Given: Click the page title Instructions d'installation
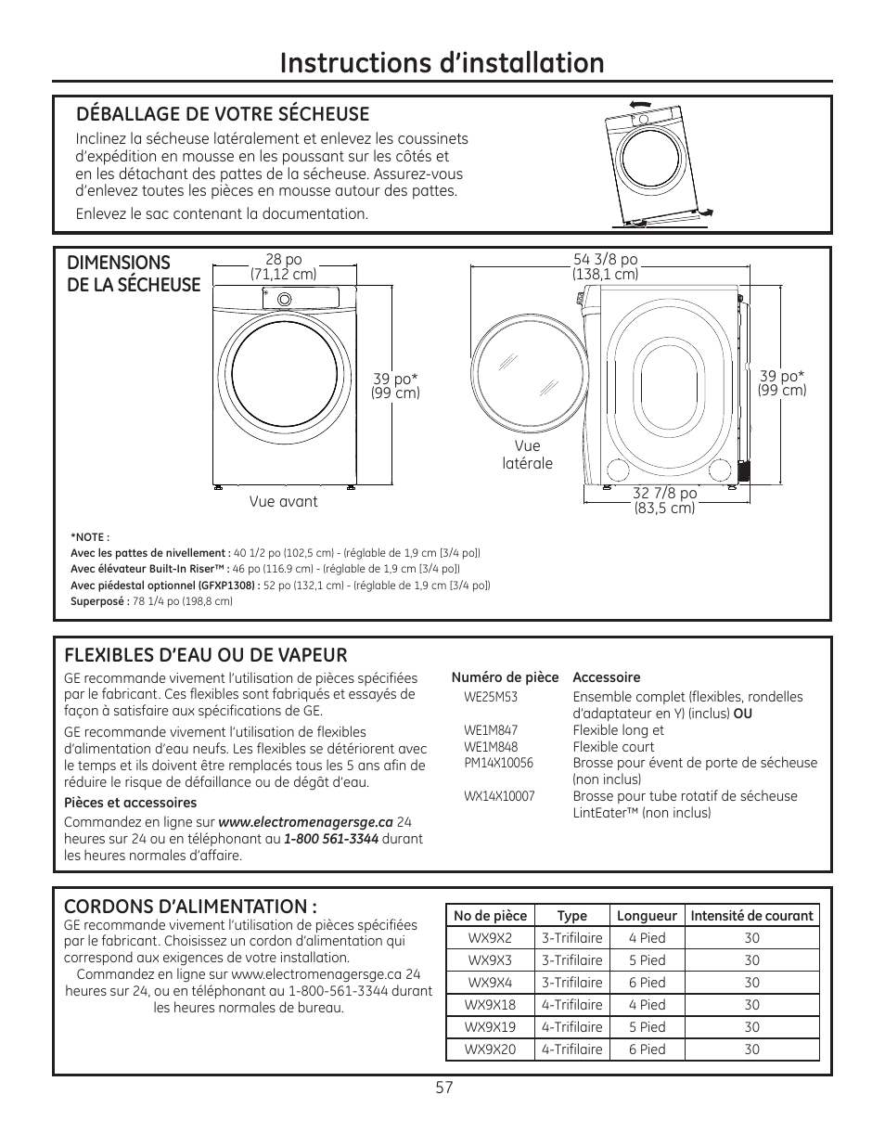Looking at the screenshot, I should point(442,62).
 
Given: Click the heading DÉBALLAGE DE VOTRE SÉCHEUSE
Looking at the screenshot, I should point(222,113).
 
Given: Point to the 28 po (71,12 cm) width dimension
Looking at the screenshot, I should point(283,266).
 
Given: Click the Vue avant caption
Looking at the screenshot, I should point(283,501).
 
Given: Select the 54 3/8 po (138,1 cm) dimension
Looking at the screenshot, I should point(605,266).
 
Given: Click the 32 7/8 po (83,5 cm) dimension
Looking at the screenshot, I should point(664,501).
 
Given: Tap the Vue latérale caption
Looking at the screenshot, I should point(527,455).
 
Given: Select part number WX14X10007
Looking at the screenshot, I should point(499,796).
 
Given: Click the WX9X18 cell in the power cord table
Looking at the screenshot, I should point(491,1005).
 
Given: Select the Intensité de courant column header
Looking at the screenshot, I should point(751,916).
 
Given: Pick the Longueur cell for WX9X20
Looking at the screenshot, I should point(647,1049).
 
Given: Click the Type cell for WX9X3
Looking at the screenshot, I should point(571,960).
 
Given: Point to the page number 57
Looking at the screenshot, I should point(443,1088).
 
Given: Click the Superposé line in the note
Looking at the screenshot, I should point(151,601).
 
